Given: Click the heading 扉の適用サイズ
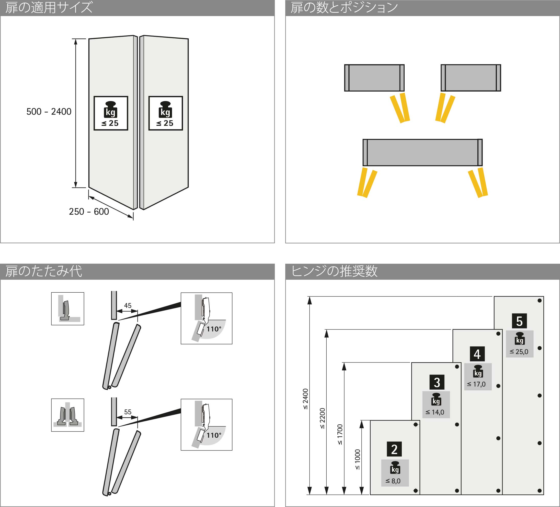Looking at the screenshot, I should tap(49, 7).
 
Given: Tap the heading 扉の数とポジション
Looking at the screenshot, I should tap(344, 7).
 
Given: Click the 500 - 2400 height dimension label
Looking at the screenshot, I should tap(49, 112).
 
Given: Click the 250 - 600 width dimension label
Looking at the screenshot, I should tap(89, 212).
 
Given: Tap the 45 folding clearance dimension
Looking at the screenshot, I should tap(128, 306).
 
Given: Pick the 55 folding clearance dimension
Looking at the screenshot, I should tap(128, 412).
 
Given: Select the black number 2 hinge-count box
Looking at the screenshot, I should tap(394, 449).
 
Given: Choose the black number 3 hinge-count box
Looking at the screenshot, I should tap(437, 382).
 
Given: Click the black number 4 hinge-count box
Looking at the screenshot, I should tap(477, 354).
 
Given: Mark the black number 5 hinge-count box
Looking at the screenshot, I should tap(519, 321).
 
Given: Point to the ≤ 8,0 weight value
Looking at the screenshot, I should tap(393, 481).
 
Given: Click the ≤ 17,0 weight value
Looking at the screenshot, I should tap(476, 384).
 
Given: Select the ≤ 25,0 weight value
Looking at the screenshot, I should tap(519, 352).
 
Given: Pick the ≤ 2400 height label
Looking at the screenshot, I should tap(305, 399).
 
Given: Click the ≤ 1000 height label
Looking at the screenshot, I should tap(358, 459).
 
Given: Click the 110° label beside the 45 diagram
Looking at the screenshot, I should tap(214, 329).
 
